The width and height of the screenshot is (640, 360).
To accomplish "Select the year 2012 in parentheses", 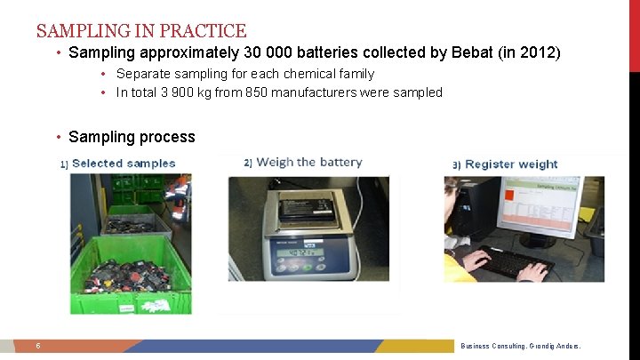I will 539,52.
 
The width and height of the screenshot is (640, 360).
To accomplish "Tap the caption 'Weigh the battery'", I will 308,163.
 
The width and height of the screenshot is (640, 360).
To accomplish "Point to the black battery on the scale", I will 305,211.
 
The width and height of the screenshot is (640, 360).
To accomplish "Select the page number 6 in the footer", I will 38,346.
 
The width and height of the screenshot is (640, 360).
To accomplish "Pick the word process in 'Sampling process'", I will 169,137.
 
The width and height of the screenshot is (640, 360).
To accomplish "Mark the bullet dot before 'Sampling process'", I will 58,137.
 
